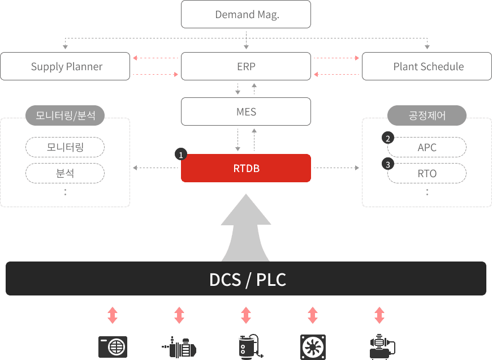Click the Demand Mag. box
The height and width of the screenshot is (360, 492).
tap(246, 14)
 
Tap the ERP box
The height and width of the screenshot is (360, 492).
tap(246, 66)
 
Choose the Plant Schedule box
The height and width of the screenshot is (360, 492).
tap(427, 66)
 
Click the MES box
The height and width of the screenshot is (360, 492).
tap(246, 112)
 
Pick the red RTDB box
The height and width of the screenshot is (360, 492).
tap(246, 168)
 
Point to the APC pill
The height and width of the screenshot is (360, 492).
tap(427, 147)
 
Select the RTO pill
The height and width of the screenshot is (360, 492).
tap(427, 173)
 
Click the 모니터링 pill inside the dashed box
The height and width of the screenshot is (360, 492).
tap(65, 147)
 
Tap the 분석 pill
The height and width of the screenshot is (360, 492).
tap(65, 173)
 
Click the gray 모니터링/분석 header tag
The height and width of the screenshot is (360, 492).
tap(65, 116)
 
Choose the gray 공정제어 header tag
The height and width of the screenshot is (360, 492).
tap(427, 116)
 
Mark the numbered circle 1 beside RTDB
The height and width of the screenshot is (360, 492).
tap(181, 154)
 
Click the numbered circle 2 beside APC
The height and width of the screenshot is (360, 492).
tap(388, 138)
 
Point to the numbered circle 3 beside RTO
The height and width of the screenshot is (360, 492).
tap(388, 164)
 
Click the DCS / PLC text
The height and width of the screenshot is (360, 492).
tap(248, 280)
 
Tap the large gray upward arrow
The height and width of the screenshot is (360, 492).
tap(246, 226)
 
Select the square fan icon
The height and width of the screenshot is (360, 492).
tap(313, 346)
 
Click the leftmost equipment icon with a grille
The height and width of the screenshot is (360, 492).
tap(113, 346)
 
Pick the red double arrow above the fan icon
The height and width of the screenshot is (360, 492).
tap(313, 315)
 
